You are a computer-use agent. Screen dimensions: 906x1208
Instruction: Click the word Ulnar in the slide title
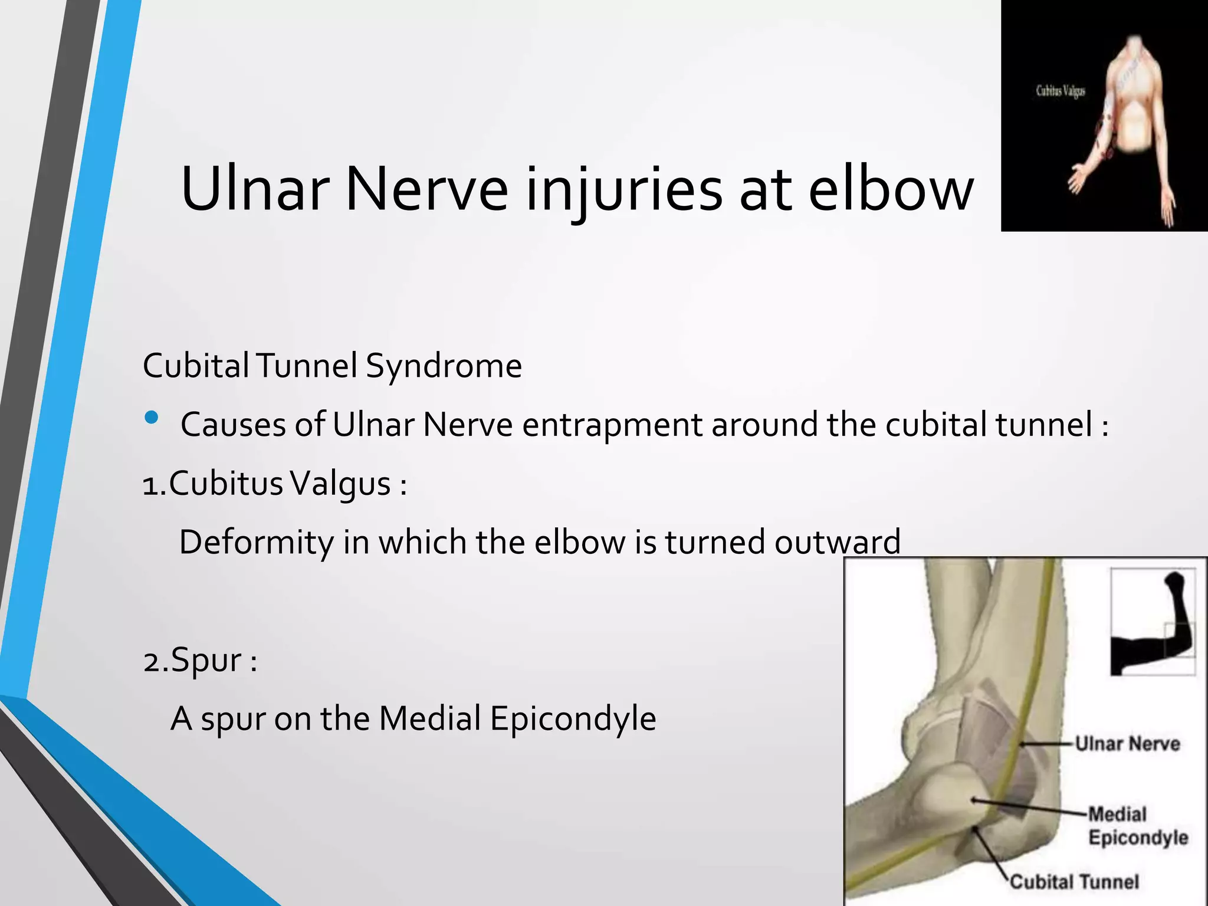255,190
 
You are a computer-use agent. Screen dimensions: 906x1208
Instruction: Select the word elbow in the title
891,190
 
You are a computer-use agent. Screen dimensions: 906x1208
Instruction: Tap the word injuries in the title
623,190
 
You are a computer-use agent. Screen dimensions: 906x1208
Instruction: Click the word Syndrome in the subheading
444,366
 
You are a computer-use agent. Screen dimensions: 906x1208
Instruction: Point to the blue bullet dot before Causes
152,418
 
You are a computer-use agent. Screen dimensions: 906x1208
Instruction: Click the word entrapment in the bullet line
612,425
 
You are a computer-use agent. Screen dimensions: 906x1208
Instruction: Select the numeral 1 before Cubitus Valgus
152,485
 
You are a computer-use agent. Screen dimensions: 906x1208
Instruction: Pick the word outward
837,542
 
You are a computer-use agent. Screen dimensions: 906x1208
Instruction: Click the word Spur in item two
206,660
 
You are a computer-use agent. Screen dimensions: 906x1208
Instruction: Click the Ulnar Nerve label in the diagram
1127,743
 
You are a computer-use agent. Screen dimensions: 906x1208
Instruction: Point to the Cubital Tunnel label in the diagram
1074,882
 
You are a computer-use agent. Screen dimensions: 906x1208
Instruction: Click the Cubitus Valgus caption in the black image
1060,91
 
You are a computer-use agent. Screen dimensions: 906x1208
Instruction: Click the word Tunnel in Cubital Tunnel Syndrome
307,366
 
